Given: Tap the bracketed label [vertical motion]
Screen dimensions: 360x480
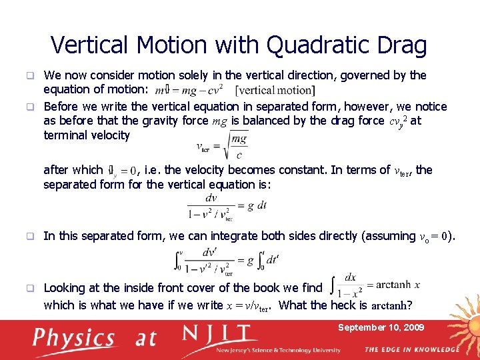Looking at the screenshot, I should point(275,90).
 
